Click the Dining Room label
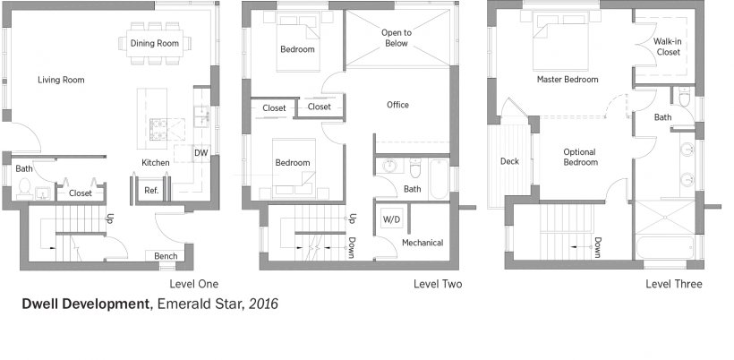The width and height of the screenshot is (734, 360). tap(155, 43)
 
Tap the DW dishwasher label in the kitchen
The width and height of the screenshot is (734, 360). tap(201, 152)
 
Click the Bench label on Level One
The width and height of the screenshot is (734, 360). tap(166, 256)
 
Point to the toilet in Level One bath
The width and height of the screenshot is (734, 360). tap(24, 188)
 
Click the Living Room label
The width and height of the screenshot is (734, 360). tap(62, 80)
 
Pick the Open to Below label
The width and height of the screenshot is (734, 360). tap(396, 38)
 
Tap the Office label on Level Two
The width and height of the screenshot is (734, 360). tap(397, 105)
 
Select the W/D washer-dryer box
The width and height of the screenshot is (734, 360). tap(391, 219)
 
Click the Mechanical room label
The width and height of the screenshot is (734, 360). tap(422, 243)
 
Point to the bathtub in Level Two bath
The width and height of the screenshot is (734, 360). tap(440, 179)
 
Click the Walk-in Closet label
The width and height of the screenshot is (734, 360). tap(668, 47)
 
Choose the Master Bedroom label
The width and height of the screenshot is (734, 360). tap(568, 80)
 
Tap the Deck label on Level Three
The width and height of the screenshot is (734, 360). tap(509, 161)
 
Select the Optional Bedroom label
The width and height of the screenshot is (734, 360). tap(580, 158)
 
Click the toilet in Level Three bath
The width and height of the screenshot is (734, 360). tap(684, 97)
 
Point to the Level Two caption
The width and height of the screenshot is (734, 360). tap(438, 284)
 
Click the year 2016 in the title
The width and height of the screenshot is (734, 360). tap(263, 304)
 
